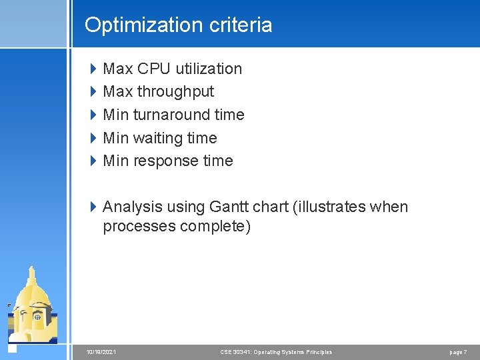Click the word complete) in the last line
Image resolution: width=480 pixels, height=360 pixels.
[x=216, y=227]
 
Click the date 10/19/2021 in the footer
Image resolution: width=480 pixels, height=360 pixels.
[x=101, y=352]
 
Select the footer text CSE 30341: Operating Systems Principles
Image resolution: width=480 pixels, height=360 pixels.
[x=275, y=352]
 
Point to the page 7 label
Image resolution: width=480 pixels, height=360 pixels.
[x=457, y=352]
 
